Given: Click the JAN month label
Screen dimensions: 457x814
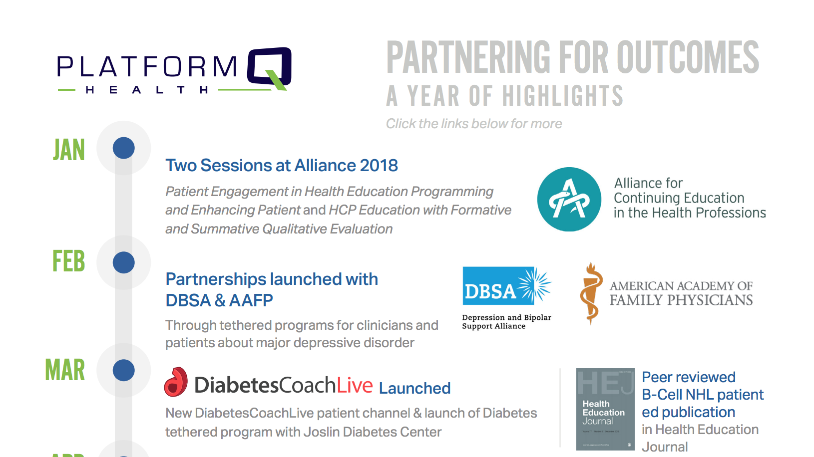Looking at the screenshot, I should click(69, 150).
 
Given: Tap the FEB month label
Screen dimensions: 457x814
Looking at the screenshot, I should click(69, 261).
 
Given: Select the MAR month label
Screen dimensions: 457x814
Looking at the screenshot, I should click(65, 370).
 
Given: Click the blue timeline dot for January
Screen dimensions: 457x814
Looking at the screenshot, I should click(124, 148).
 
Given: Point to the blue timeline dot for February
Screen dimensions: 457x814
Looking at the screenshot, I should click(124, 262).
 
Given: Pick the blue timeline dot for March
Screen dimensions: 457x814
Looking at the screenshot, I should click(124, 370).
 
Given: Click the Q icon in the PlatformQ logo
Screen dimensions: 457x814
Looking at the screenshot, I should click(270, 68).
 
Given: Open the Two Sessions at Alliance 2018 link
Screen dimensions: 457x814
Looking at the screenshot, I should click(282, 166).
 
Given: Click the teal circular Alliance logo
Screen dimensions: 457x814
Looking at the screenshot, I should click(569, 199).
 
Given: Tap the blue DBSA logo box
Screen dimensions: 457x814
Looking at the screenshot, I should click(506, 286).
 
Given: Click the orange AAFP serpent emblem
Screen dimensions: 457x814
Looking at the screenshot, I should click(591, 293).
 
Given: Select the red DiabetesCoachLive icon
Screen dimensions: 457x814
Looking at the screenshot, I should click(176, 382).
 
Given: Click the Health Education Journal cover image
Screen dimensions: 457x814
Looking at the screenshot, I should click(605, 409).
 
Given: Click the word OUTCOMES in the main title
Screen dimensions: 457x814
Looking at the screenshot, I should click(688, 58).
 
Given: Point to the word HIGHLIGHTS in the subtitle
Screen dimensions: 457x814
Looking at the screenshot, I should click(563, 96).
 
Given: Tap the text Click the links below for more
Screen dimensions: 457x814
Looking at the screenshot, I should click(473, 124).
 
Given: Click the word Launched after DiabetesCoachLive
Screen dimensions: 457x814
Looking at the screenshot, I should click(414, 388).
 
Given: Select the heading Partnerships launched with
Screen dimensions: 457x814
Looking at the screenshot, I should click(272, 279).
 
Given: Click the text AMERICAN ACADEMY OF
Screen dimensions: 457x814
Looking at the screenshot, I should click(681, 286).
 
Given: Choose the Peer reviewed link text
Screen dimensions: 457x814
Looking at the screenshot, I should click(688, 377).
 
